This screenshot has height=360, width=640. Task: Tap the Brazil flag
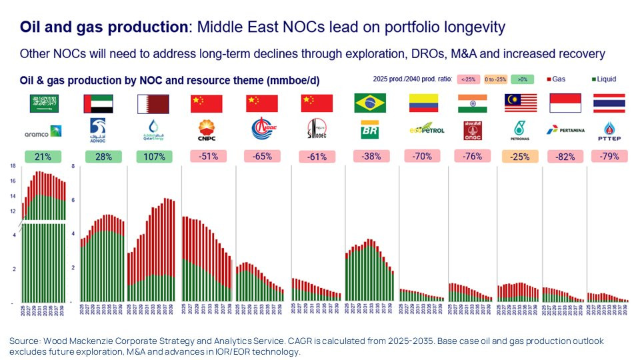point(369,103)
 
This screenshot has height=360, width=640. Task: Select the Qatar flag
point(152,103)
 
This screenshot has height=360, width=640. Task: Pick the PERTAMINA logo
point(565,129)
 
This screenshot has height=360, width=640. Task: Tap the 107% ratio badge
point(154,157)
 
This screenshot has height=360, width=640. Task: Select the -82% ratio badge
point(564,157)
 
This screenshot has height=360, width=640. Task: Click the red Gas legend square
point(547,79)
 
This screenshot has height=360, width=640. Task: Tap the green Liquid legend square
point(591,79)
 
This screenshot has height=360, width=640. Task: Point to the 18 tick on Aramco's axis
point(13,165)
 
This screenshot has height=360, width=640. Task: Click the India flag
point(472,103)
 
